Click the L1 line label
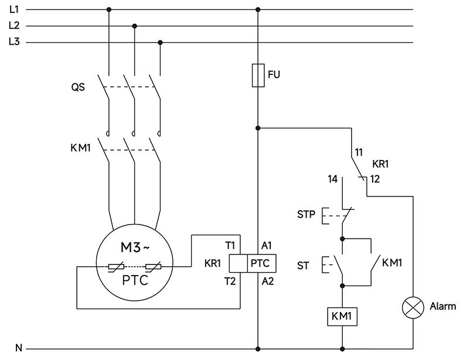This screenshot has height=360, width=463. [x=14, y=9]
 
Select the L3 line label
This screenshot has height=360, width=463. [x=14, y=42]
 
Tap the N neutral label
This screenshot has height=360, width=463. [x=18, y=348]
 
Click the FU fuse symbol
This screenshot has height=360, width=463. [x=258, y=76]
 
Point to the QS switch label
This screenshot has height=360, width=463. [x=77, y=87]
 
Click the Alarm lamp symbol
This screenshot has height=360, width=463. [x=413, y=306]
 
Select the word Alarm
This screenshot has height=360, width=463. [x=442, y=306]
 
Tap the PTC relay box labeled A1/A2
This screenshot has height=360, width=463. [x=260, y=263]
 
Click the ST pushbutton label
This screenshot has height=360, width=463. [x=303, y=266]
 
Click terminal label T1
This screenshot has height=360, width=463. [x=230, y=245]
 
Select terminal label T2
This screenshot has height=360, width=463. [x=230, y=281]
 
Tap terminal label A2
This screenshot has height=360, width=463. [x=267, y=281]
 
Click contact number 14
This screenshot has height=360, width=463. [x=332, y=179]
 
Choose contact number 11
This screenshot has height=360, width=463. [x=358, y=153]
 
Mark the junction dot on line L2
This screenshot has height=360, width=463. [x=135, y=26]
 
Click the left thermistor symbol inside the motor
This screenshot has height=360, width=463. [x=115, y=267]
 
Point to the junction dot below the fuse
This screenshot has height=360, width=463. [x=258, y=127]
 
